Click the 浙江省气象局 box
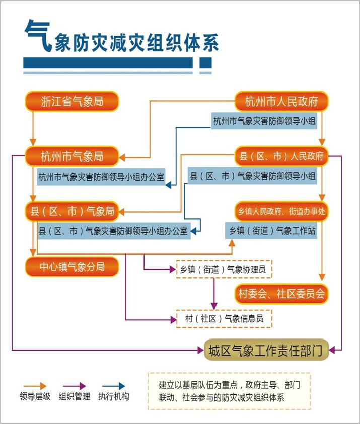click(x=72, y=101)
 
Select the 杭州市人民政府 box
click(x=281, y=101)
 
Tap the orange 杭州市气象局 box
click(x=72, y=156)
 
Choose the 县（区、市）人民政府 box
click(x=281, y=156)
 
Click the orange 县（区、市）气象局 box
click(x=72, y=211)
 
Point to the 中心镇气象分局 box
click(x=72, y=267)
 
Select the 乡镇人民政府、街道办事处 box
click(x=281, y=211)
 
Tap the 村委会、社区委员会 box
click(x=281, y=294)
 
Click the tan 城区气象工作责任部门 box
click(x=266, y=350)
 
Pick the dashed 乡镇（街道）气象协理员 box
click(x=224, y=269)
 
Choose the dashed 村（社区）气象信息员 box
click(x=224, y=319)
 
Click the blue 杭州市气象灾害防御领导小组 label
click(x=264, y=121)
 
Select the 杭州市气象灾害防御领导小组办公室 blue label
click(x=101, y=177)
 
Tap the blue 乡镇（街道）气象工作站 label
click(x=271, y=231)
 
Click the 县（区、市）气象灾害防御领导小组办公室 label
click(x=114, y=231)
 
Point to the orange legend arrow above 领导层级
click(x=35, y=386)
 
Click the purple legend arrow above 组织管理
click(x=74, y=386)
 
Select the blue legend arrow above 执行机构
click(x=113, y=386)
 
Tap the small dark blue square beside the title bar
click(x=205, y=63)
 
